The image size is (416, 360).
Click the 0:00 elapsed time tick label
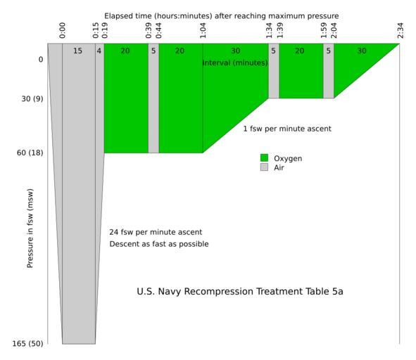pyautogui.click(x=63, y=30)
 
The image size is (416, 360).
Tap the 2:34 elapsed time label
pyautogui.click(x=401, y=30)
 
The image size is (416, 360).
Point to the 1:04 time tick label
pyautogui.click(x=203, y=30)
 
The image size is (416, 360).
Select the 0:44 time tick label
pyautogui.click(x=158, y=30)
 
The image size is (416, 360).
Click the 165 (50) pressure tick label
pyautogui.click(x=27, y=344)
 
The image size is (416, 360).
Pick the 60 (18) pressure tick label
pyautogui.click(x=30, y=153)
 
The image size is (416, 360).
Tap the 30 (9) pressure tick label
pyautogui.click(x=32, y=98)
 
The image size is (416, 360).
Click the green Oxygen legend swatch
pyautogui.click(x=264, y=157)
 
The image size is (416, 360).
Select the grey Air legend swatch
pyautogui.click(x=264, y=167)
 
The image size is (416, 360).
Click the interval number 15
pyautogui.click(x=77, y=51)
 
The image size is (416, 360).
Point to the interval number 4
pyautogui.click(x=99, y=51)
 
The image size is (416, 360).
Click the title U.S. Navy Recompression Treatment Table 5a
pyautogui.click(x=240, y=291)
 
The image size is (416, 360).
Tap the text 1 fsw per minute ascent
pyautogui.click(x=287, y=129)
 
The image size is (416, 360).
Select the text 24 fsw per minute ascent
pyautogui.click(x=156, y=232)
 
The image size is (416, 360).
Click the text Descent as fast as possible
pyautogui.click(x=159, y=244)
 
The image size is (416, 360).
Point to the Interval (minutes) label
pyautogui.click(x=235, y=63)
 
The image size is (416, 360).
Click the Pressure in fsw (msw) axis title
pyautogui.click(x=30, y=229)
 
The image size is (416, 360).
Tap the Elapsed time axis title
pyautogui.click(x=222, y=16)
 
